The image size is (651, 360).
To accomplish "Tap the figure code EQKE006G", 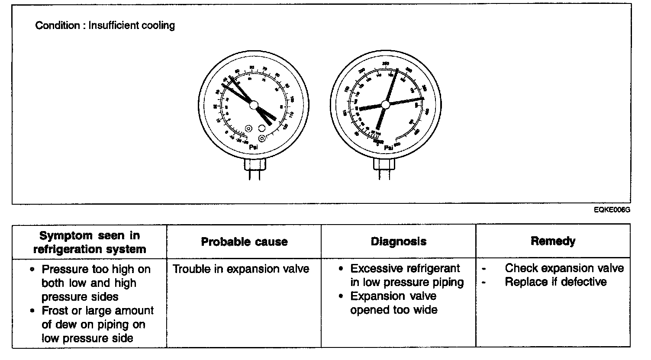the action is pyautogui.click(x=612, y=210).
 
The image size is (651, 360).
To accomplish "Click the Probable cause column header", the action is pyautogui.click(x=244, y=241).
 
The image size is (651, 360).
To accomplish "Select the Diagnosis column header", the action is pyautogui.click(x=398, y=241).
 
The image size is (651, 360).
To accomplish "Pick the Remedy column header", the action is pyautogui.click(x=553, y=241).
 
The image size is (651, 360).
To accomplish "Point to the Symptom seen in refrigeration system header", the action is pyautogui.click(x=90, y=242).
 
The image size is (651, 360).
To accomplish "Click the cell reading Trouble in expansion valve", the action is pyautogui.click(x=241, y=269).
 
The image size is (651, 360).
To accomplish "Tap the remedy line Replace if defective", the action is pyautogui.click(x=556, y=282).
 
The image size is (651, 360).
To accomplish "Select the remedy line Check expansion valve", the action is pyautogui.click(x=564, y=268).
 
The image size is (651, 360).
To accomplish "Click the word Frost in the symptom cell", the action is pyautogui.click(x=55, y=311).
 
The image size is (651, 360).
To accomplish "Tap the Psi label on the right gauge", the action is pyautogui.click(x=388, y=148).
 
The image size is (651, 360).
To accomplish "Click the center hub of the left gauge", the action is pyautogui.click(x=254, y=105).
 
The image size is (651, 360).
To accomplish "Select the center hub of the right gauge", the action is pyautogui.click(x=385, y=104).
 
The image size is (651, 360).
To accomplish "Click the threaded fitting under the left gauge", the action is pyautogui.click(x=255, y=164).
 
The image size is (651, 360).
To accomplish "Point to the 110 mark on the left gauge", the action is pyautogui.click(x=291, y=115).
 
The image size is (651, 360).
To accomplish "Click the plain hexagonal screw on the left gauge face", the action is pyautogui.click(x=261, y=128).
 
